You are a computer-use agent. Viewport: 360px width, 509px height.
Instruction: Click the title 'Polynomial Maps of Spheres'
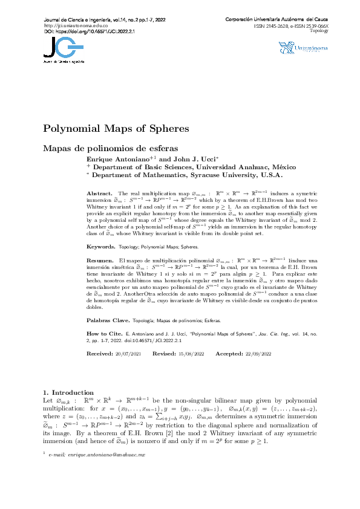[116, 129]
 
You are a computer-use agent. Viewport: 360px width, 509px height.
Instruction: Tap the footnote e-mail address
[97, 470]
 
